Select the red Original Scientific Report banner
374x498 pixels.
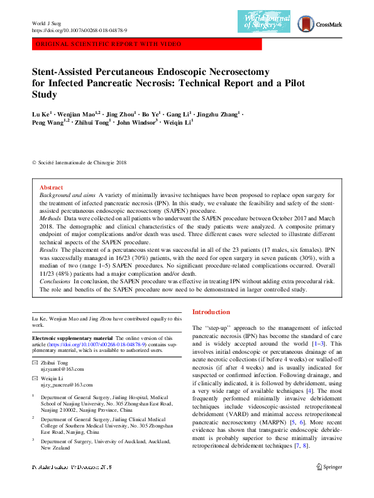point(109,44)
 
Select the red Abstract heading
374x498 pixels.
point(51,188)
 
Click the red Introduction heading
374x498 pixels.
point(211,312)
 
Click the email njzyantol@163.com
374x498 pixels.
point(63,370)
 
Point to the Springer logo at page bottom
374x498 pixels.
point(329,484)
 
